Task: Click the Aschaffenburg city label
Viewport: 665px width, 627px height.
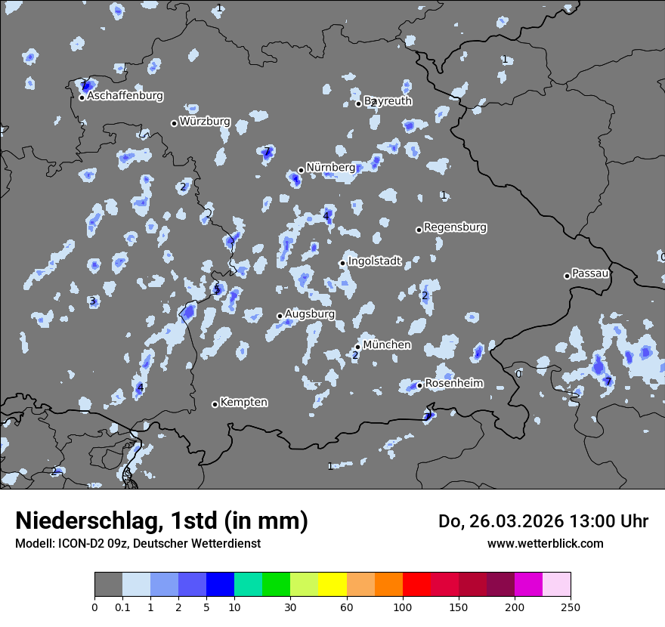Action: point(125,96)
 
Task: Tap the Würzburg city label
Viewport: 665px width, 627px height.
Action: point(205,121)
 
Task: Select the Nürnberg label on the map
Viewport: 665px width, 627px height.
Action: point(331,167)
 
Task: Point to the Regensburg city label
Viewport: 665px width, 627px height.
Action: point(455,227)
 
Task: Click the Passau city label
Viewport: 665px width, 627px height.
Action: point(591,273)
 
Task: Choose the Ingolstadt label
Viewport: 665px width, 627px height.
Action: point(375,261)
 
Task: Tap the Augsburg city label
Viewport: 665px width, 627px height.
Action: point(310,313)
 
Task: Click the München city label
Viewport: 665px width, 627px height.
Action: point(387,344)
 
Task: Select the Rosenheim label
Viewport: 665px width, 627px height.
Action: point(454,383)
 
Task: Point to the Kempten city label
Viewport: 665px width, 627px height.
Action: point(244,402)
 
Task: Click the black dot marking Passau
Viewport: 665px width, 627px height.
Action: point(567,276)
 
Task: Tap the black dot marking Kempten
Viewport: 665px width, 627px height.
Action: point(215,404)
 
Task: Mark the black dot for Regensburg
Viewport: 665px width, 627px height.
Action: point(419,230)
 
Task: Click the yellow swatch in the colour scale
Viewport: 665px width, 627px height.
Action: point(332,585)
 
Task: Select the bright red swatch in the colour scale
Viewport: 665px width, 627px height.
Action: point(416,585)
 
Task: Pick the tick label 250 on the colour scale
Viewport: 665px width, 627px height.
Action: point(571,607)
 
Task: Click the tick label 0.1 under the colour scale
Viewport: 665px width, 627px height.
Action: point(122,607)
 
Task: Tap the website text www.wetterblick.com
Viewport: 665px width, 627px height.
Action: point(546,543)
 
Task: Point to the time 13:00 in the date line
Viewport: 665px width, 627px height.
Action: point(585,521)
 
